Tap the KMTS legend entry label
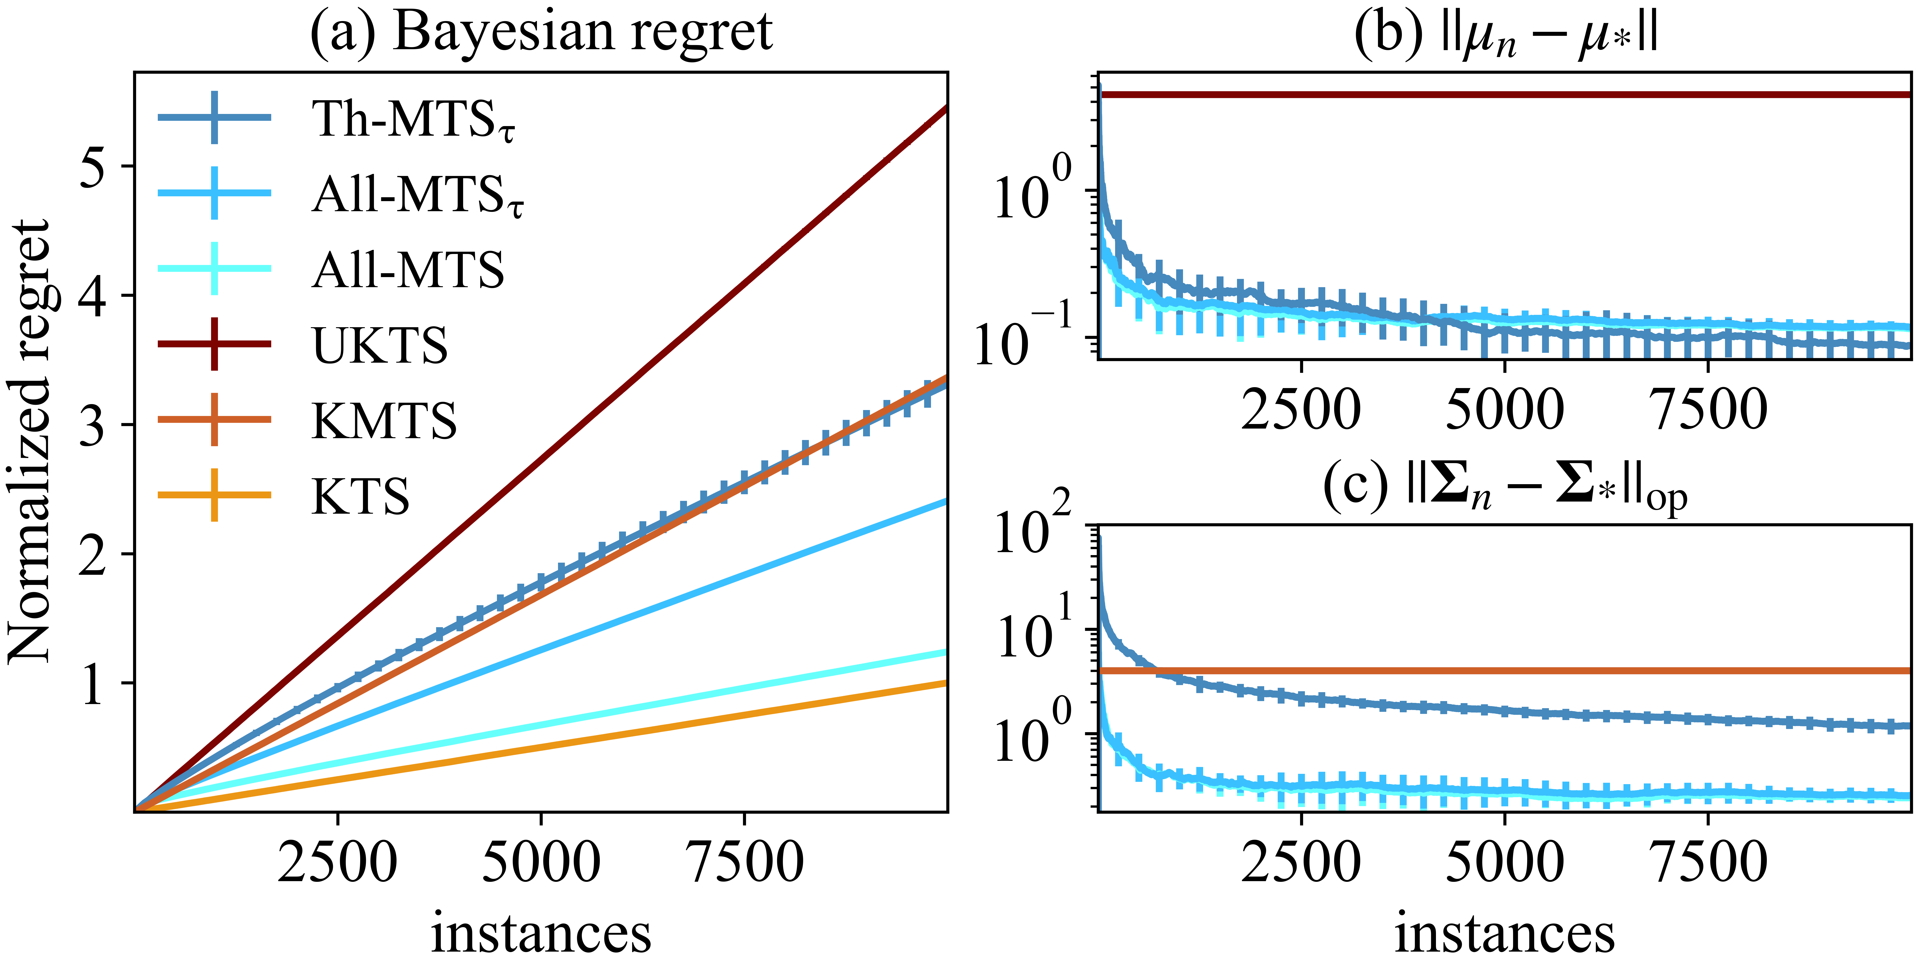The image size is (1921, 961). pos(384,420)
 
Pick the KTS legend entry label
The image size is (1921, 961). pos(360,496)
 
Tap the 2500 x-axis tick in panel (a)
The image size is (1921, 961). pos(338,862)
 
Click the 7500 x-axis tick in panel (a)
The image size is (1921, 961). pos(744,862)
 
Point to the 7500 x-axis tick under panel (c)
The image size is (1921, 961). pos(1709,862)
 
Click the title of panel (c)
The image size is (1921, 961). pos(1505,489)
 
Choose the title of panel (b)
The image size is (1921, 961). pos(1505,36)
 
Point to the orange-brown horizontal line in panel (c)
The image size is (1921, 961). pos(1505,671)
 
